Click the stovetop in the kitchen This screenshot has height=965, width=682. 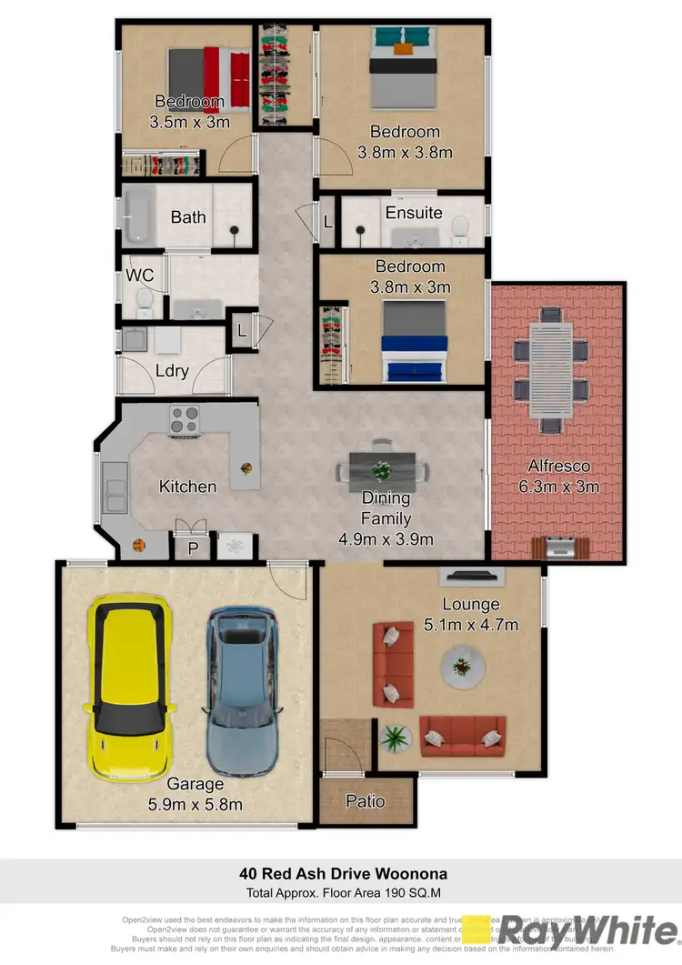[185, 419]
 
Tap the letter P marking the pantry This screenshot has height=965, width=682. [193, 548]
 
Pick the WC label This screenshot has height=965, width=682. [139, 274]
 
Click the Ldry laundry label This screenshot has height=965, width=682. [172, 370]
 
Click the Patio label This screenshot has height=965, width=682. [366, 801]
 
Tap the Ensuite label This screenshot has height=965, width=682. [414, 213]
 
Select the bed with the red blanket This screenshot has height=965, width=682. [208, 78]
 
